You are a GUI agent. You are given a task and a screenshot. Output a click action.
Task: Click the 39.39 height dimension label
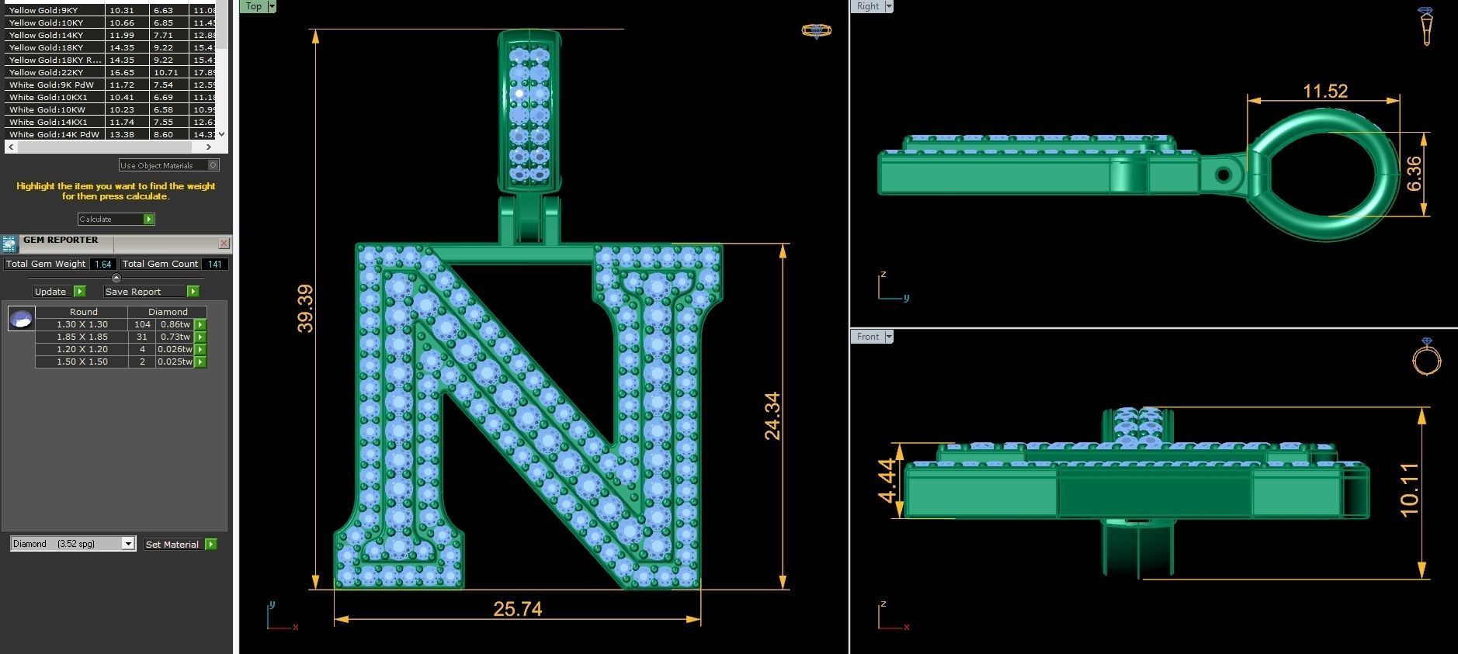click(x=305, y=309)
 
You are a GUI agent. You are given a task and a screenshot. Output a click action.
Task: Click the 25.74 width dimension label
click(x=517, y=609)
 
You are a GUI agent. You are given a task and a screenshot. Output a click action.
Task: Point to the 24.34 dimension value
click(x=772, y=416)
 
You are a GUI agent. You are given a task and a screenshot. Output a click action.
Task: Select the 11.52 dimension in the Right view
click(x=1324, y=91)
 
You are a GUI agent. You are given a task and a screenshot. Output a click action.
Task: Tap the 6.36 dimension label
click(x=1414, y=174)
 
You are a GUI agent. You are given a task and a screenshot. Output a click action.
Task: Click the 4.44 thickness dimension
click(x=887, y=481)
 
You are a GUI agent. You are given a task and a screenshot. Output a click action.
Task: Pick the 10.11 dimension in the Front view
click(x=1409, y=490)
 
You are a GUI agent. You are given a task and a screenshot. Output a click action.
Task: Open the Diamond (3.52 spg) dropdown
click(x=128, y=544)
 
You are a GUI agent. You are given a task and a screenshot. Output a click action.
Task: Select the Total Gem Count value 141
click(x=215, y=264)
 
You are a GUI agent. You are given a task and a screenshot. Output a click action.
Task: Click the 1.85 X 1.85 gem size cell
click(x=82, y=337)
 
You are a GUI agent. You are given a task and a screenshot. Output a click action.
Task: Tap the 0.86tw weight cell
click(x=175, y=324)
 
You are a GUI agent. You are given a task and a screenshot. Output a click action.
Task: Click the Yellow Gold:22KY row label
click(x=46, y=72)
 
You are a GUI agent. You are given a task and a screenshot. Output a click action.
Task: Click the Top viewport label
click(x=253, y=6)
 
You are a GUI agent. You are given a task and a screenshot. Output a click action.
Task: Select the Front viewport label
click(x=867, y=337)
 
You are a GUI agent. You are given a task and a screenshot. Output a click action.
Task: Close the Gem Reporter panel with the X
click(x=224, y=243)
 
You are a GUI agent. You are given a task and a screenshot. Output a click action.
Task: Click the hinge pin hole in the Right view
click(x=1223, y=175)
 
